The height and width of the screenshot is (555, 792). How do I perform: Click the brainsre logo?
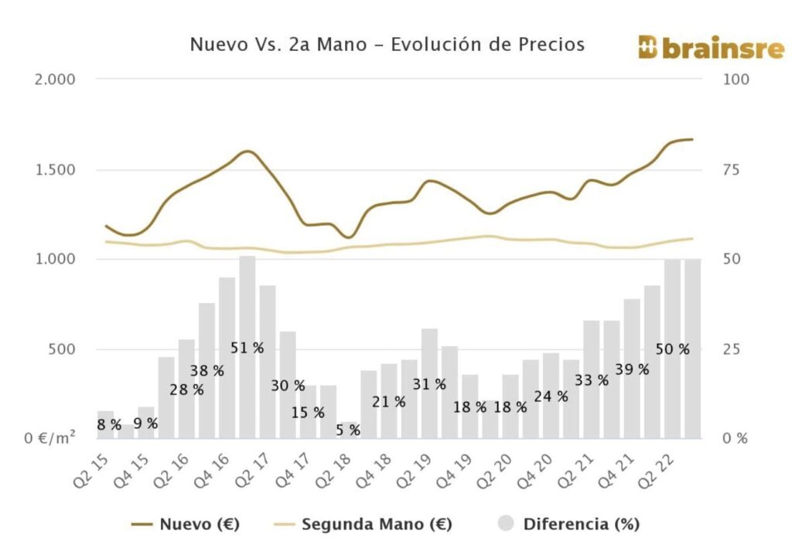pyautogui.click(x=711, y=47)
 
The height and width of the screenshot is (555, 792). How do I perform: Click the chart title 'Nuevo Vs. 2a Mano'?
pyautogui.click(x=387, y=45)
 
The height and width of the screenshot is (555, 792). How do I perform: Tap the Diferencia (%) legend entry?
pyautogui.click(x=568, y=524)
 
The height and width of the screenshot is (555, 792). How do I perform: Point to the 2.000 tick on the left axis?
pyautogui.click(x=55, y=79)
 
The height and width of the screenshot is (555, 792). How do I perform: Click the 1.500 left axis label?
pyautogui.click(x=55, y=169)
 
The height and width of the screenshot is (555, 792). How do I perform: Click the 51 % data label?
pyautogui.click(x=247, y=348)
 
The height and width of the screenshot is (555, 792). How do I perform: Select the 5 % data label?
pyautogui.click(x=348, y=431)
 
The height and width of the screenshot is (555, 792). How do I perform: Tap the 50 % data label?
pyautogui.click(x=672, y=349)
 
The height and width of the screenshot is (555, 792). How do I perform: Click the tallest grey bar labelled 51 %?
pyautogui.click(x=247, y=309)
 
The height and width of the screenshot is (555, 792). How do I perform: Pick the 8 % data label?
pyautogui.click(x=109, y=424)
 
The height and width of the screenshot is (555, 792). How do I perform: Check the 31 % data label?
pyautogui.click(x=429, y=383)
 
